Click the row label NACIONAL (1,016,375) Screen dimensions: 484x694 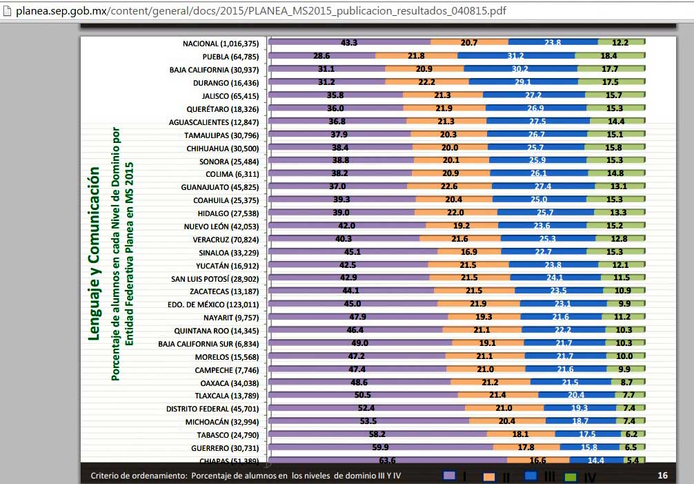[221, 43]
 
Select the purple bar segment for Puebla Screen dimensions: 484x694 [321, 56]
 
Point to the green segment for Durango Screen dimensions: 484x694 [611, 82]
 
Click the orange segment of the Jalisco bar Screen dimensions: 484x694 [443, 95]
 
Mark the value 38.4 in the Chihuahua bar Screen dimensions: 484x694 [340, 148]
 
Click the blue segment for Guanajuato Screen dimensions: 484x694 [543, 186]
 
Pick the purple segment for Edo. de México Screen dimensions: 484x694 [353, 304]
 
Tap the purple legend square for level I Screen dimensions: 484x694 [450, 475]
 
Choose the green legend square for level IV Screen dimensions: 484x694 [571, 476]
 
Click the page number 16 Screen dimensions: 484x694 [662, 475]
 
